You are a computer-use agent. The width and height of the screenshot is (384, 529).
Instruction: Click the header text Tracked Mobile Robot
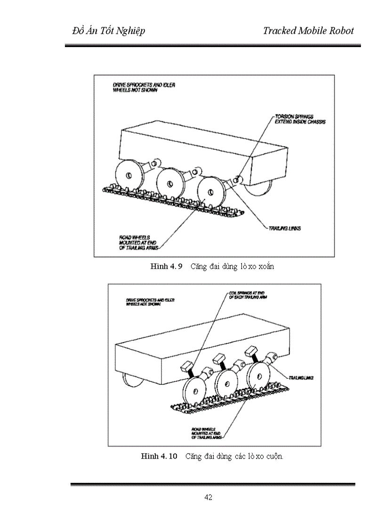tap(308, 31)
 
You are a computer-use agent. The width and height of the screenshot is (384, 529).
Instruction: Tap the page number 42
tap(208, 497)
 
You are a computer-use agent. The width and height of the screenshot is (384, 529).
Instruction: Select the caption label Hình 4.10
tap(159, 456)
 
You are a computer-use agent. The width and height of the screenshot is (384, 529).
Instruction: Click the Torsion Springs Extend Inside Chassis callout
tap(300, 119)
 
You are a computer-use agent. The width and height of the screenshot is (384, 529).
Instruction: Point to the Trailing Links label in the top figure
tap(284, 228)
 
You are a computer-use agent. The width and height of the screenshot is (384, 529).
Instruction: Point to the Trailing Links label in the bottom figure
tap(301, 378)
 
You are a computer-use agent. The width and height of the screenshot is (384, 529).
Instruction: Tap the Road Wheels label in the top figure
tap(137, 241)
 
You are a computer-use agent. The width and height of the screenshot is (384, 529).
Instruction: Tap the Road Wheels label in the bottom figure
tap(206, 433)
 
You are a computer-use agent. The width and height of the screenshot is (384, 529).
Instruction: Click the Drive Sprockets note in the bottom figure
tap(150, 302)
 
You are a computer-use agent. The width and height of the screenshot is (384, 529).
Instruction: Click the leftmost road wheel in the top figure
tap(128, 175)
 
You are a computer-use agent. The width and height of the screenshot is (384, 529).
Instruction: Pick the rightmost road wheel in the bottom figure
tap(260, 376)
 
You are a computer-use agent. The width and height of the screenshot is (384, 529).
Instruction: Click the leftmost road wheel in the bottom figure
tap(195, 389)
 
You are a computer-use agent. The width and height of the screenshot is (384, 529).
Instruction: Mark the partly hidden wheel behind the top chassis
tap(261, 187)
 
